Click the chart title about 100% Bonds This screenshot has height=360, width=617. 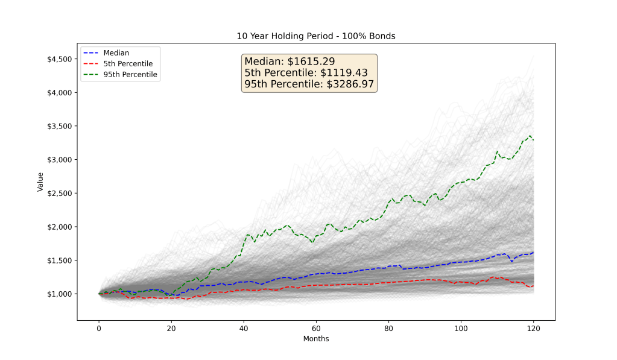coord(316,36)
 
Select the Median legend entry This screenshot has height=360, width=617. coord(116,52)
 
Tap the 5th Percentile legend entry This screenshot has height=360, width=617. coord(127,63)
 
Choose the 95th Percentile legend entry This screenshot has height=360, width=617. coord(130,74)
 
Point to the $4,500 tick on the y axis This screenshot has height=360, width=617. coord(59,59)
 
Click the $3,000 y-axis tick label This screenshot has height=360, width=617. coord(59,160)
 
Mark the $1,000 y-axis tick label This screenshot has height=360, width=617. coord(59,294)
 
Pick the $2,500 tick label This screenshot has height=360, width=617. coord(59,193)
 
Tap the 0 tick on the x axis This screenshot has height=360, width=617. coord(99,329)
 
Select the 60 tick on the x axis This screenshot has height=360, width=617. coord(316,329)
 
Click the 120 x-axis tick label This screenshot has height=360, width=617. coord(533,329)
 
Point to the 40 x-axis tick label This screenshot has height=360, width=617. coord(244,329)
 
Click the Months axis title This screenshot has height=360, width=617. coord(316,339)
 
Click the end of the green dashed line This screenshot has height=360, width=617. coord(533,140)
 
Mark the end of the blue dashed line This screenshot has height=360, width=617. coord(533,253)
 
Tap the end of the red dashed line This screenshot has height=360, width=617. coord(533,285)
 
